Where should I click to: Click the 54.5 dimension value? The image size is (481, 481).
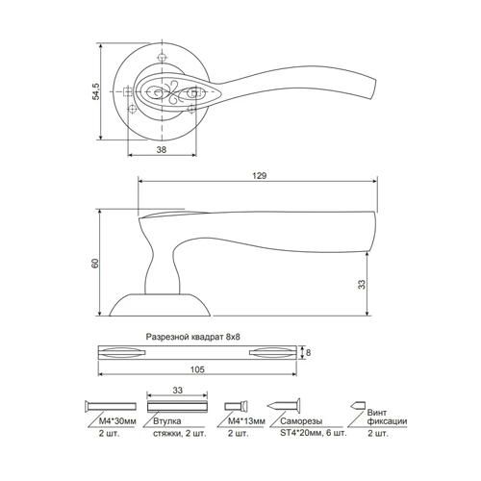96,91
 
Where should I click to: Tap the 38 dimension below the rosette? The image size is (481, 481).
162,149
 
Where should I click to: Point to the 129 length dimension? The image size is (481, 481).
259,175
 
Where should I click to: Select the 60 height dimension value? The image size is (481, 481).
95,263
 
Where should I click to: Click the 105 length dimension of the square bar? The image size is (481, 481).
197,369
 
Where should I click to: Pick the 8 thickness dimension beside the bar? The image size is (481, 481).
308,353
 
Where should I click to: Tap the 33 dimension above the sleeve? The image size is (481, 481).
177,390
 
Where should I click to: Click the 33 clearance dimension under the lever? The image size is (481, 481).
362,285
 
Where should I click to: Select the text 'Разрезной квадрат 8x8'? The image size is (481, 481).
193,337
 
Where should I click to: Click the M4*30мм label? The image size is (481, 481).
117,421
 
